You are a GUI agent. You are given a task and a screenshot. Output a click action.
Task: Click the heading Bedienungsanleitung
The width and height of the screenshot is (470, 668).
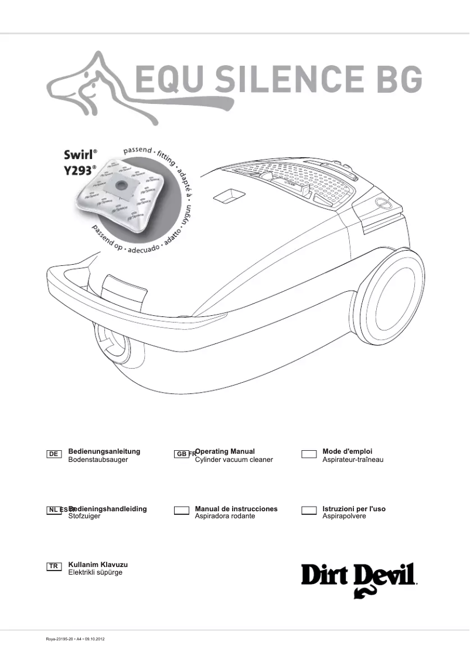click(x=104, y=451)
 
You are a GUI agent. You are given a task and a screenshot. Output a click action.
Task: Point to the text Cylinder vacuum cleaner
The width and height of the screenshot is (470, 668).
click(x=234, y=460)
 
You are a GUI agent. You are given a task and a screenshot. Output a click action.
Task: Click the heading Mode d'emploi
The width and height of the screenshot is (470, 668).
click(x=347, y=451)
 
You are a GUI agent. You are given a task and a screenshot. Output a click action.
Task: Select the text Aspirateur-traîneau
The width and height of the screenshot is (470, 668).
click(x=353, y=460)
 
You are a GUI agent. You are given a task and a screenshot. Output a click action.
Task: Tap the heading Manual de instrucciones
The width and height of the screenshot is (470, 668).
click(x=236, y=509)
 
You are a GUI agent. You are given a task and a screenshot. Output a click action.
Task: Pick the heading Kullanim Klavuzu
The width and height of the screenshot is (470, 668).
click(x=98, y=564)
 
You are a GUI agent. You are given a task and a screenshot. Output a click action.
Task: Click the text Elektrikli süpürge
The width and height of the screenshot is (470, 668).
click(x=96, y=572)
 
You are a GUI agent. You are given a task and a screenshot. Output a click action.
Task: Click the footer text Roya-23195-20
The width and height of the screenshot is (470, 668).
click(x=59, y=639)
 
